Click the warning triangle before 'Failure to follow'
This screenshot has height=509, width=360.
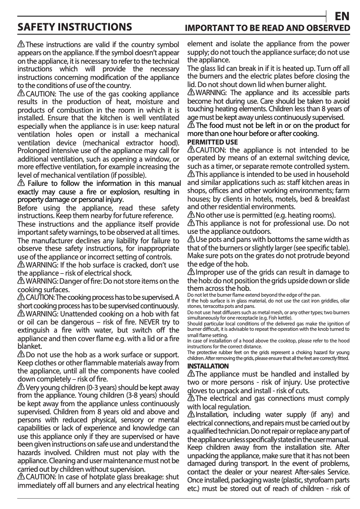pos(21,184)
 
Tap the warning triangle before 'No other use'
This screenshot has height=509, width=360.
pos(191,215)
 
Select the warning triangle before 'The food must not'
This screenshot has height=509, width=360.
pos(191,126)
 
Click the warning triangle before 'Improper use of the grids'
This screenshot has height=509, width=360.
pos(191,273)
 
